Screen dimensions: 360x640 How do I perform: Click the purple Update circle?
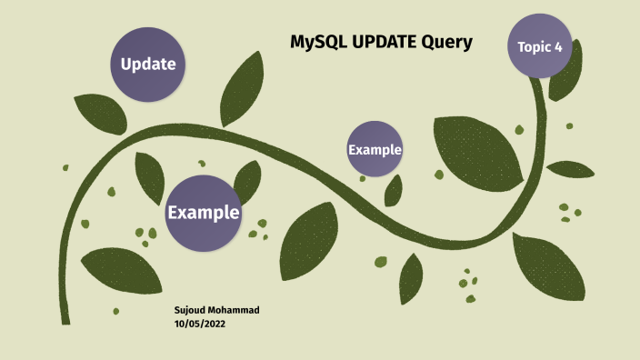click(x=148, y=64)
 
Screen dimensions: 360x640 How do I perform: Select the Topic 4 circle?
click(x=540, y=45)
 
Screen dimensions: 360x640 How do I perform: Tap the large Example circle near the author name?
click(x=203, y=213)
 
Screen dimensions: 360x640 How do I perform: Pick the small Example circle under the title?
click(x=375, y=148)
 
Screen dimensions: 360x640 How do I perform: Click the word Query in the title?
click(x=446, y=42)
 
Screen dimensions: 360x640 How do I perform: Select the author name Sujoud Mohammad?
click(x=216, y=310)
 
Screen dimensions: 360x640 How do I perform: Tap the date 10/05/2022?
click(x=200, y=324)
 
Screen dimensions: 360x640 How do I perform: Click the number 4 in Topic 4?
click(x=558, y=46)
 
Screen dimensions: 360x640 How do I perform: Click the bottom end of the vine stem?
click(x=65, y=320)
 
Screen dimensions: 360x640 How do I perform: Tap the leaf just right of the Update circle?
click(x=242, y=88)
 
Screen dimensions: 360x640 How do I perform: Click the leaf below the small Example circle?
click(x=394, y=190)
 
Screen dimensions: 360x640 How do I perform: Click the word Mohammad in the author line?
click(x=235, y=310)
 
